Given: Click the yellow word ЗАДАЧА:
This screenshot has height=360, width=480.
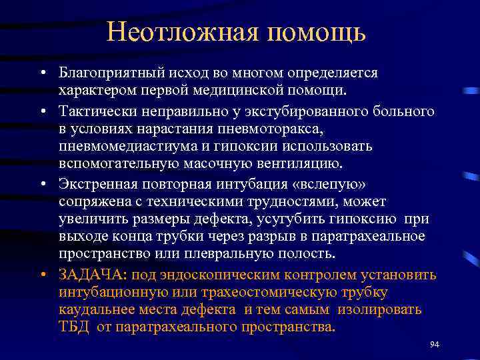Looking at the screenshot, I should [93, 275].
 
